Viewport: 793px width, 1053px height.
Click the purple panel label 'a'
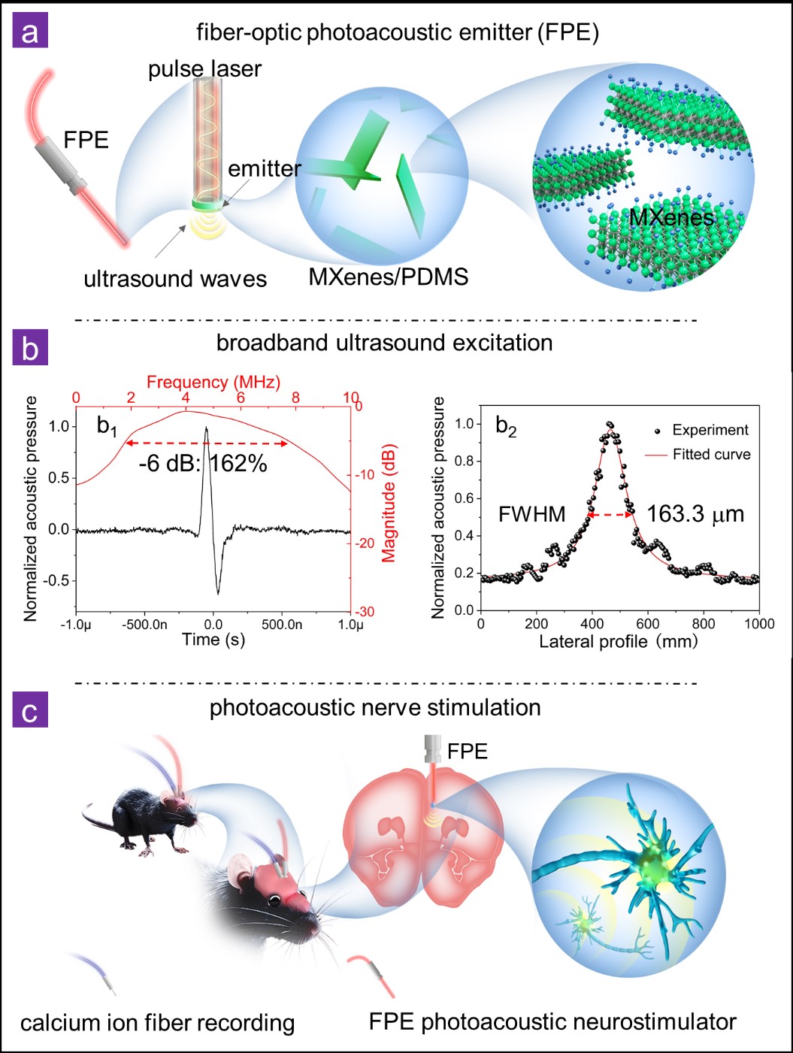[30, 33]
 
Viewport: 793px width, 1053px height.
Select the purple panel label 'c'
[30, 710]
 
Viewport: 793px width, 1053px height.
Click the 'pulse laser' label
[204, 69]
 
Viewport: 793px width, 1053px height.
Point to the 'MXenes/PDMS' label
[388, 277]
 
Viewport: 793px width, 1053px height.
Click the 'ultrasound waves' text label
[175, 279]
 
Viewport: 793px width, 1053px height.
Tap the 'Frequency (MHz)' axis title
[213, 382]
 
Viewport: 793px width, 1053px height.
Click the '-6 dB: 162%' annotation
[203, 463]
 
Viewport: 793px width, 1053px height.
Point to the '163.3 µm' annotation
[695, 514]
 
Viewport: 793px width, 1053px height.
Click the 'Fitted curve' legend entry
[711, 454]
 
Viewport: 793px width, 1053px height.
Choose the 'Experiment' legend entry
[710, 430]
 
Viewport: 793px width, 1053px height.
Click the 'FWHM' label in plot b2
[532, 515]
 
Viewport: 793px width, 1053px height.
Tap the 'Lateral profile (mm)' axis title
[618, 642]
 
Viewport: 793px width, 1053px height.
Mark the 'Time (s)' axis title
[213, 640]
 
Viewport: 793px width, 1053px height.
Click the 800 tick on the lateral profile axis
[704, 624]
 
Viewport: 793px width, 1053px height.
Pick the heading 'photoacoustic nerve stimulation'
[375, 708]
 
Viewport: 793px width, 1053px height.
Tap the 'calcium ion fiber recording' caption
[157, 1023]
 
